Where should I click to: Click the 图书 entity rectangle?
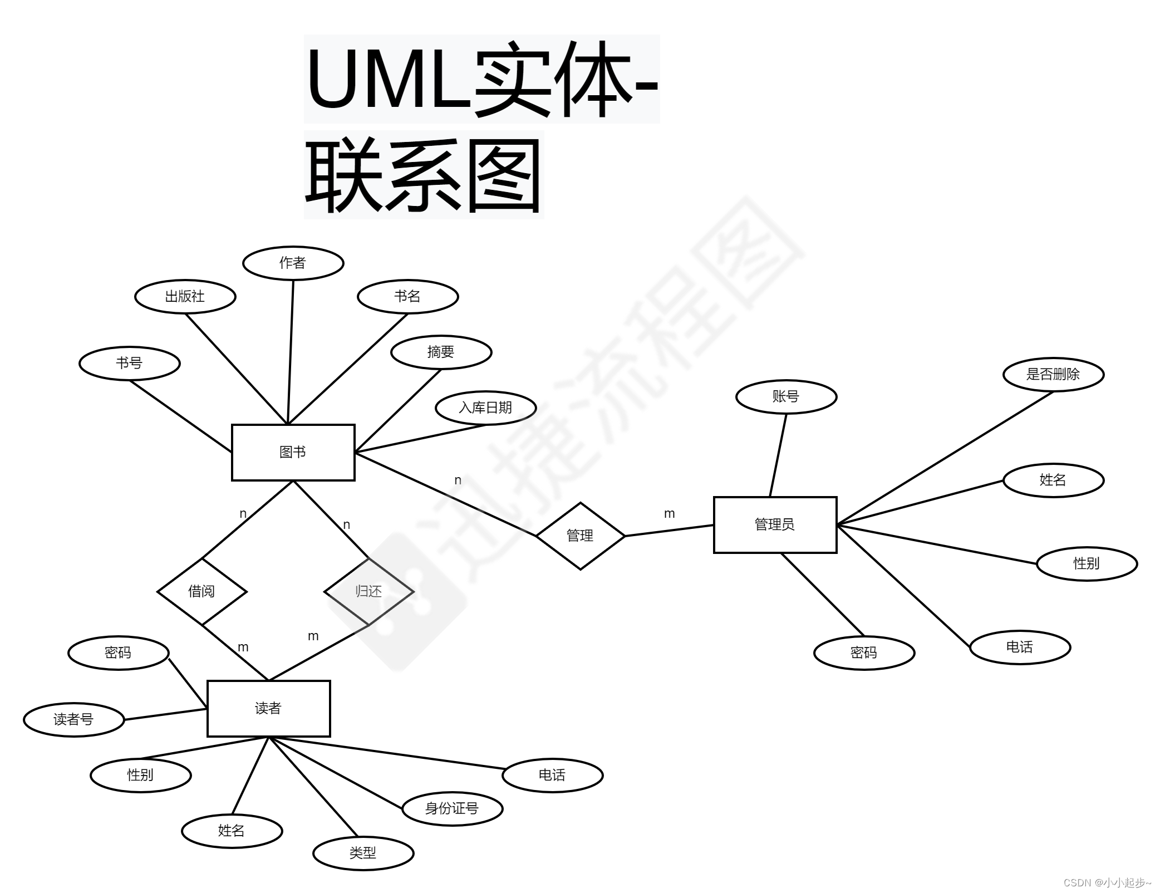293,452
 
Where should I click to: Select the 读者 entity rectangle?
268,708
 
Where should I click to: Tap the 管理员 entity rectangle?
775,524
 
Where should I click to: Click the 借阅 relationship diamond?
201,591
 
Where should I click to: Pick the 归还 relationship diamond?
368,591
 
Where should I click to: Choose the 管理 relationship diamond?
580,536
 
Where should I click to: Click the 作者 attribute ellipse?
293,263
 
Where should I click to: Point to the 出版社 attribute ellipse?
185,296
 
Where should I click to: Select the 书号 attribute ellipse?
129,363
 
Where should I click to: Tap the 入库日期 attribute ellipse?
485,408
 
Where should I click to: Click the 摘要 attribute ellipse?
441,352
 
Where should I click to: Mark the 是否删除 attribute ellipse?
1053,374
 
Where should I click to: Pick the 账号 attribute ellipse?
786,396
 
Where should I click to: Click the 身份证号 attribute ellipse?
452,808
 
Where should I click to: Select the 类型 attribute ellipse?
363,853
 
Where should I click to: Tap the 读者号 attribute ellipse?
73,719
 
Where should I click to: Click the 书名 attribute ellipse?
407,296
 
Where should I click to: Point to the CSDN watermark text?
1107,882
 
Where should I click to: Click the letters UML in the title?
389,79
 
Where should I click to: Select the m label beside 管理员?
669,514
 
